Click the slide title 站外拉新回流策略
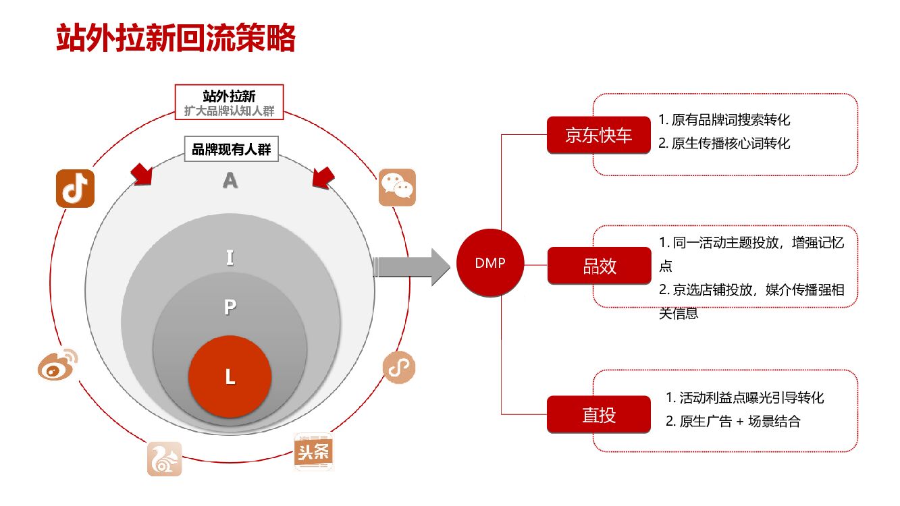click(x=176, y=38)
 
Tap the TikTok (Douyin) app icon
click(x=75, y=188)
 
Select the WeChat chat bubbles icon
click(x=396, y=187)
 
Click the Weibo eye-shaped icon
click(x=57, y=365)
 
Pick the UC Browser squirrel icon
click(x=165, y=459)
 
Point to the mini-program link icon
click(x=399, y=367)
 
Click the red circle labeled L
click(x=230, y=376)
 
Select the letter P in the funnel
click(x=230, y=308)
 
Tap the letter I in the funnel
click(x=230, y=258)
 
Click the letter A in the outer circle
click(x=230, y=180)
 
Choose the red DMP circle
click(x=490, y=264)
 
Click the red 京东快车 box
click(x=599, y=135)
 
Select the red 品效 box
click(x=599, y=266)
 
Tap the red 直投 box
click(x=599, y=414)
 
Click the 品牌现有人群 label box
click(x=232, y=149)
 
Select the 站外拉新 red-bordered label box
click(x=229, y=102)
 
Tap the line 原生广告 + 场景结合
click(x=733, y=422)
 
